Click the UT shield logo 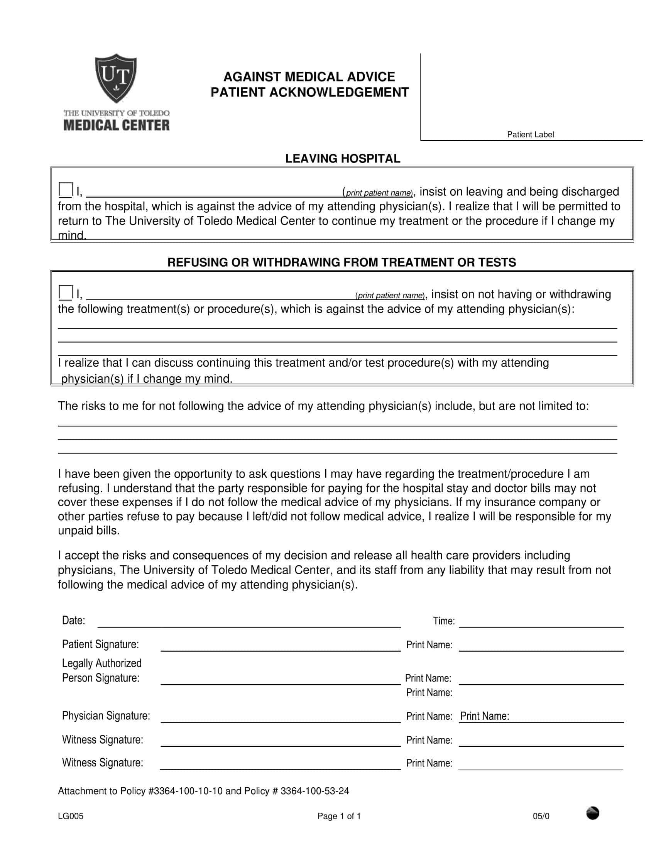click(116, 78)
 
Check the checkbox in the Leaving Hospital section click(66, 190)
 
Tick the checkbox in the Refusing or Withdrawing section click(66, 293)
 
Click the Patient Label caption click(530, 135)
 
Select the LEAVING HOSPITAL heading click(342, 159)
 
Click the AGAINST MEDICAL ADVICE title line click(309, 76)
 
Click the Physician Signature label click(106, 715)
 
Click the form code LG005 click(71, 816)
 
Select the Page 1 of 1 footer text click(339, 816)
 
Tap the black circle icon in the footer click(592, 813)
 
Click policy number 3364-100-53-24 click(314, 791)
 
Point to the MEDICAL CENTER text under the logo click(117, 125)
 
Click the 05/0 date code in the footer click(541, 816)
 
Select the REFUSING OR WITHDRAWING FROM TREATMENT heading click(342, 262)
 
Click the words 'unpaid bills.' click(89, 531)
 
